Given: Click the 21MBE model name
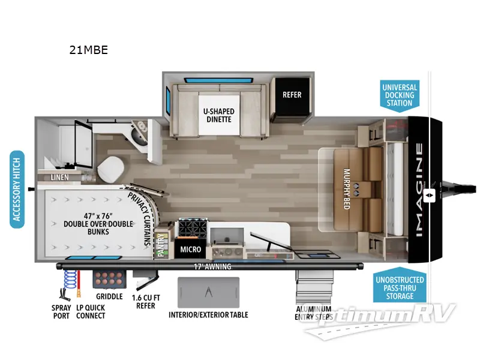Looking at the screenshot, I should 88,50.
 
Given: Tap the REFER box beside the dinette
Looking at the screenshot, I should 292,95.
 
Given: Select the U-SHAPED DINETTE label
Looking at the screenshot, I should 218,115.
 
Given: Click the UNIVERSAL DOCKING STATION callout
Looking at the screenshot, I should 399,95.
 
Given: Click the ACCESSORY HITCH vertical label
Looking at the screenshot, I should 17,189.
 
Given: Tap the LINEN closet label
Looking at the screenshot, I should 59,178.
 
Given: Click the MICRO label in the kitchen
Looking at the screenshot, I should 190,248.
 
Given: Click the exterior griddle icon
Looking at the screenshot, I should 108,278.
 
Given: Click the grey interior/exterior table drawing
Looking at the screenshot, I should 208,293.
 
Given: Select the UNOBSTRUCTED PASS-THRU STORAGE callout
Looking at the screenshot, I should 400,288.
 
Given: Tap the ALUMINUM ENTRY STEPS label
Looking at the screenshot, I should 313,313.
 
